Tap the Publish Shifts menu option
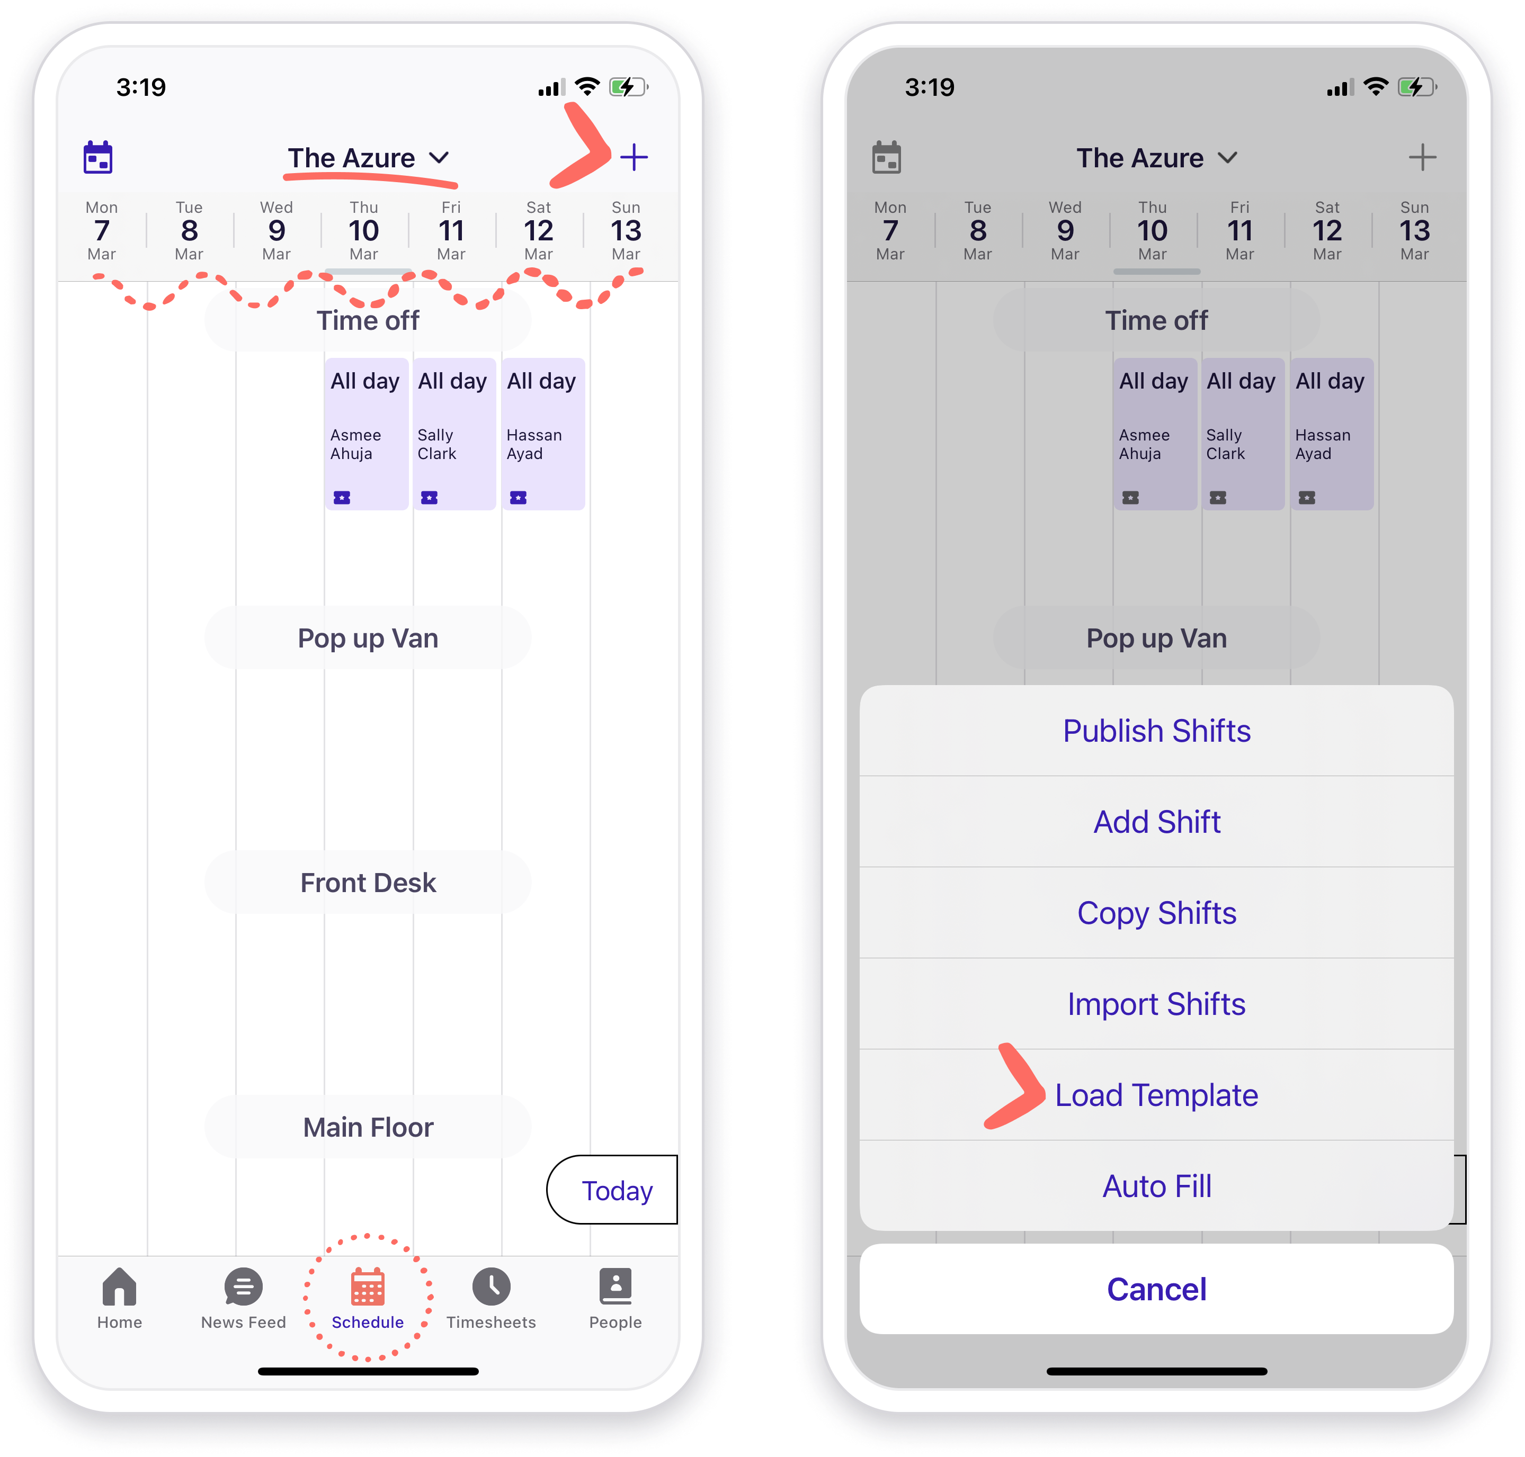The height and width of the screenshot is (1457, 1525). (1156, 731)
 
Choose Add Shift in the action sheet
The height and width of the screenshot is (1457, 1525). (1156, 822)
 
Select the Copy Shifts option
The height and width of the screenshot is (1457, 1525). (1156, 913)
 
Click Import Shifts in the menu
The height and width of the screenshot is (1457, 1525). (1156, 1003)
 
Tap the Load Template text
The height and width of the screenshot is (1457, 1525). (1156, 1095)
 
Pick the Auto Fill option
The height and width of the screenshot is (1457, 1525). (1156, 1186)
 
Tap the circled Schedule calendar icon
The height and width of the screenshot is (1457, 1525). (368, 1287)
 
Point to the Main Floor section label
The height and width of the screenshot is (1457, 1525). (368, 1127)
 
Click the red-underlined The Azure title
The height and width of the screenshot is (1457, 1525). (352, 158)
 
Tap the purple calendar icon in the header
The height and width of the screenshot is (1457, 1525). (98, 158)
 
